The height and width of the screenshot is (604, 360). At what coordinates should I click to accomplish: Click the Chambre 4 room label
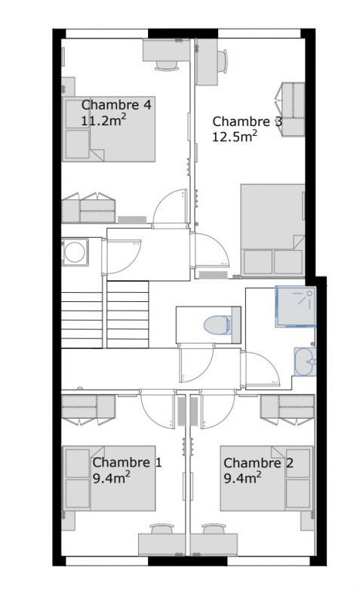(115, 105)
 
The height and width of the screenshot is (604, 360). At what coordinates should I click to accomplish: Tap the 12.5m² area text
(234, 136)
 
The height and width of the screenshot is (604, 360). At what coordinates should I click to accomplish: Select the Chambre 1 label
(126, 462)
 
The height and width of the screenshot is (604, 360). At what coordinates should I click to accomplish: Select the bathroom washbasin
(305, 361)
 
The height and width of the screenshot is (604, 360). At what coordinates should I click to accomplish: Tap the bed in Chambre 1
(109, 479)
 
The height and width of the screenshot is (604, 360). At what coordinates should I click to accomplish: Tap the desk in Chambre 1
(161, 544)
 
